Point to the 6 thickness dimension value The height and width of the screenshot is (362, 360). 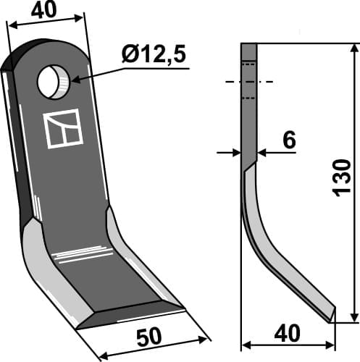pyautogui.click(x=288, y=140)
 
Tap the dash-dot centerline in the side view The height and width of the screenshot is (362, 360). pyautogui.click(x=249, y=82)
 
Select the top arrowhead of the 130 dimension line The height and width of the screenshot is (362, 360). pyautogui.click(x=354, y=49)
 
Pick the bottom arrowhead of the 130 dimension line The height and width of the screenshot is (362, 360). pyautogui.click(x=354, y=316)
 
